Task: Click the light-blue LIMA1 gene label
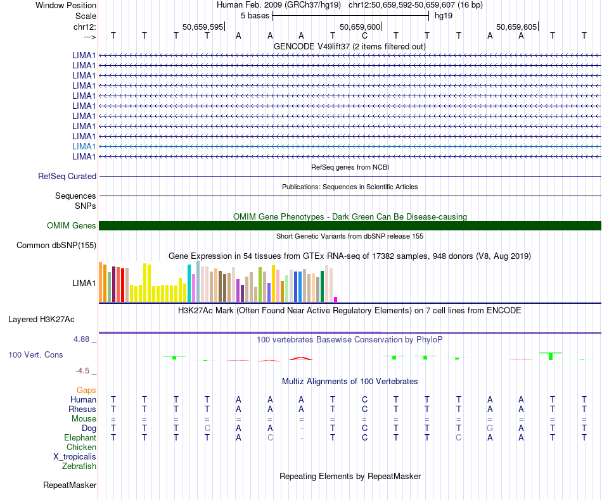click(x=84, y=146)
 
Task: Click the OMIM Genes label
click(x=72, y=226)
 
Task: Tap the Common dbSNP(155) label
click(x=56, y=246)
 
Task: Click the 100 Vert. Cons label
click(x=35, y=355)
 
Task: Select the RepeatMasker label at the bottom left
click(x=70, y=485)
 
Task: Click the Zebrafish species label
click(x=79, y=466)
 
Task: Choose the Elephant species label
click(x=80, y=438)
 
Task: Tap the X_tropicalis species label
click(x=75, y=457)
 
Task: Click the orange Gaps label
click(x=86, y=391)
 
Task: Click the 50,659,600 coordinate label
click(x=361, y=27)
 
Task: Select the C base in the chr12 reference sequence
click(x=364, y=35)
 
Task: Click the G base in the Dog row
click(x=490, y=428)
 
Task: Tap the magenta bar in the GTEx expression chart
click(x=336, y=299)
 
